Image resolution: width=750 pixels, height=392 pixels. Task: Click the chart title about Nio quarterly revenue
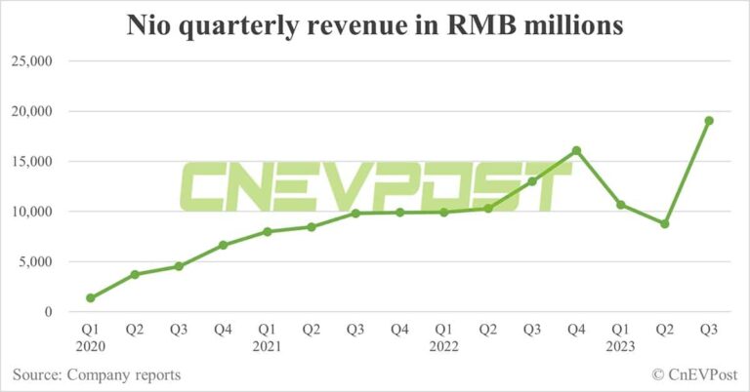point(375,26)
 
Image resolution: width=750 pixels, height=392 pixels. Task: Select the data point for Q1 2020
point(91,297)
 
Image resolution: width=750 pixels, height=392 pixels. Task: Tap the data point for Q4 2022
point(576,150)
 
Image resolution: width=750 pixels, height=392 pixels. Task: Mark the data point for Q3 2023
point(709,121)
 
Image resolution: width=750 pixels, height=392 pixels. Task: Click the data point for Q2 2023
point(665,223)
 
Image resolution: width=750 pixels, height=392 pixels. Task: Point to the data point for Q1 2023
point(621,205)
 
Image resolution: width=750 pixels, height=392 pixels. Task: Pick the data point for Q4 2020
point(223,245)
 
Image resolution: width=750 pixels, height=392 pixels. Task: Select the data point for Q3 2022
point(532,181)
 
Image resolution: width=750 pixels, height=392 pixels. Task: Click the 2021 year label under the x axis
point(267,346)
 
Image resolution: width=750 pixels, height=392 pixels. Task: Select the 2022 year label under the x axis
point(443,346)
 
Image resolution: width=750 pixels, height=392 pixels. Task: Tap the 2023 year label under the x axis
point(621,346)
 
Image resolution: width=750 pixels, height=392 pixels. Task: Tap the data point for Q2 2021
point(311,227)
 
